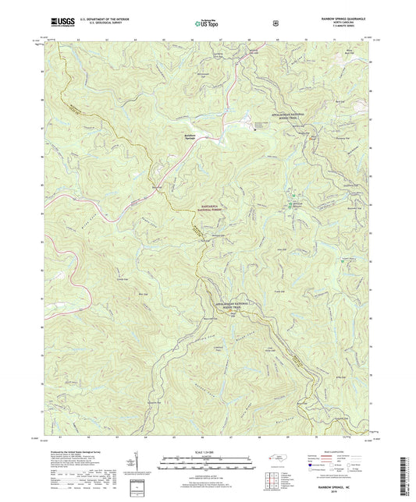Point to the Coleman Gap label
[x=143, y=278]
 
